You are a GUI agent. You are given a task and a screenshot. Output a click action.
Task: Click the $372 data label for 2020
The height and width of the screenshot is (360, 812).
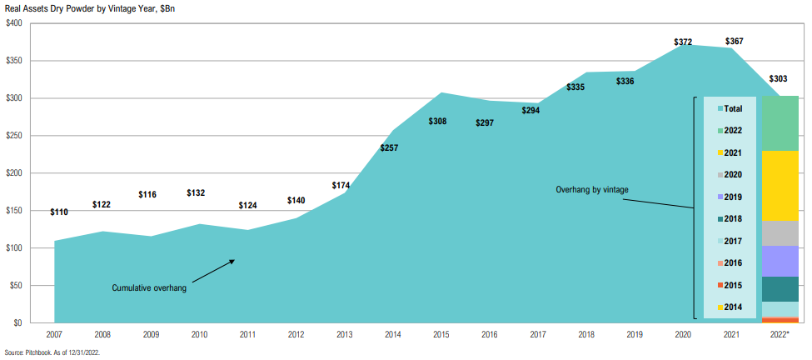[683, 42]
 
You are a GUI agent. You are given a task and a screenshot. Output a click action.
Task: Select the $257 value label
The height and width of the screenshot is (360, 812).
[388, 148]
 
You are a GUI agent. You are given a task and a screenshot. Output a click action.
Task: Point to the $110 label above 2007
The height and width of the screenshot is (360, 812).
[59, 212]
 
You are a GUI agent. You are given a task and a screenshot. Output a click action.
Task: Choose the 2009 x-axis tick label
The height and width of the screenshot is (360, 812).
[150, 336]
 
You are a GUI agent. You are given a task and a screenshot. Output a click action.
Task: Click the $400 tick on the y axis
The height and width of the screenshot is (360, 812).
[14, 23]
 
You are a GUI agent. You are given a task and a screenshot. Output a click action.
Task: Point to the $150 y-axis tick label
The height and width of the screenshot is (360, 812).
[14, 211]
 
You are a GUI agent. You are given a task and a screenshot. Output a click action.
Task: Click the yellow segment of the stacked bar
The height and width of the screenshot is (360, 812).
[780, 186]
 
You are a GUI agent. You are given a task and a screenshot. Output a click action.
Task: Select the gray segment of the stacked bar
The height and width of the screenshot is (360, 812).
[780, 233]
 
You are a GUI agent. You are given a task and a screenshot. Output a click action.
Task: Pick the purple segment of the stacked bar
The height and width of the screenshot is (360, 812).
[780, 261]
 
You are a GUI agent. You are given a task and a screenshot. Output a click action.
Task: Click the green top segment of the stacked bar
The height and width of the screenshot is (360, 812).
[780, 123]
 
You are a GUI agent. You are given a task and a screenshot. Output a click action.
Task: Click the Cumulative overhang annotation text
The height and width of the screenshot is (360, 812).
[149, 288]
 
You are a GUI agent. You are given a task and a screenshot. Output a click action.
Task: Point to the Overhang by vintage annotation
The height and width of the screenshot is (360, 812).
[591, 190]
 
